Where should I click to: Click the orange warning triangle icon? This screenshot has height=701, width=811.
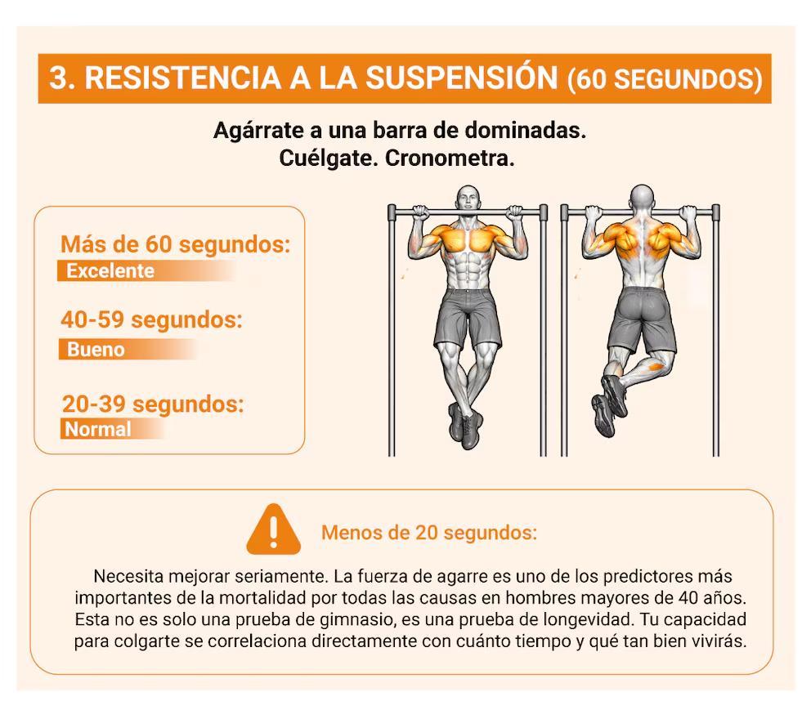[274, 530]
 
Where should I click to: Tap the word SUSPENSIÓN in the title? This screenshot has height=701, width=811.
[462, 78]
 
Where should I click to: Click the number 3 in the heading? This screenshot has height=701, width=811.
[59, 78]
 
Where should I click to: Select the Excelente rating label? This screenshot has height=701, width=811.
[110, 271]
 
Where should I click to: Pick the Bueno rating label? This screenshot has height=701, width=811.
[96, 350]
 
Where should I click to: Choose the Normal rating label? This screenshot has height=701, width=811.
[98, 429]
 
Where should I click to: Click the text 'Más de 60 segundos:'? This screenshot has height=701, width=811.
[175, 244]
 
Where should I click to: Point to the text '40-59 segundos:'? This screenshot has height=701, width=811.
[151, 320]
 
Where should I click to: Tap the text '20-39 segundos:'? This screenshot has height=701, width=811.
[153, 404]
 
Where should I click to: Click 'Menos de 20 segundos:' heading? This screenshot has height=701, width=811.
[429, 533]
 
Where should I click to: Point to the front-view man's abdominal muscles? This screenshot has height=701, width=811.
[468, 268]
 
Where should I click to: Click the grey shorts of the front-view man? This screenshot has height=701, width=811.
[468, 318]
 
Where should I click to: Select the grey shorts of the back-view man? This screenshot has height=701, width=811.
[641, 319]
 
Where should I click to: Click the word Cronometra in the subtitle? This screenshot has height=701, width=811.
[450, 159]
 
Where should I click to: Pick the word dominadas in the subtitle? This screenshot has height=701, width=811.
[525, 130]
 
